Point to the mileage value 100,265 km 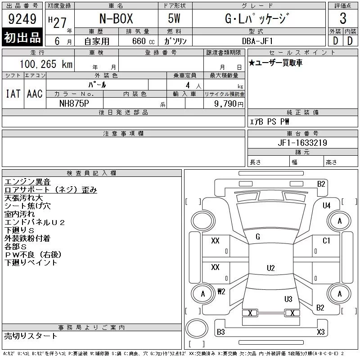46,64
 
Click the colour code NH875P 74,103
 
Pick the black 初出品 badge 22,38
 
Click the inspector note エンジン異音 27,182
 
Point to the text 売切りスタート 31,336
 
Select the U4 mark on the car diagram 327,206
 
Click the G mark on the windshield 258,237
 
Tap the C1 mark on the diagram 327,241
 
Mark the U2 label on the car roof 270,268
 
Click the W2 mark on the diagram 221,291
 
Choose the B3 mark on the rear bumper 221,332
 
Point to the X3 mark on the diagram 320,332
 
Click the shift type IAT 13,94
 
